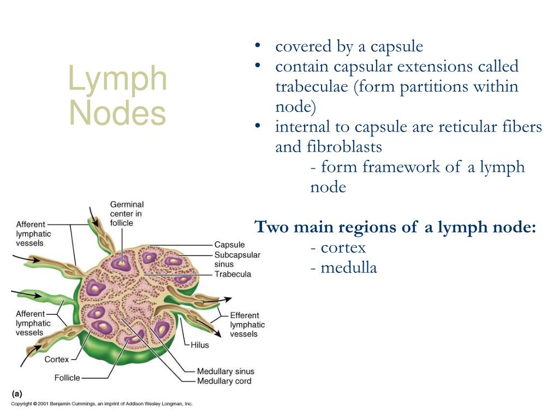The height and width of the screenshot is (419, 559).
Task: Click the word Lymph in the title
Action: [117, 80]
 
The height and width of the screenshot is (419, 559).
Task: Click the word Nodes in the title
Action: [117, 113]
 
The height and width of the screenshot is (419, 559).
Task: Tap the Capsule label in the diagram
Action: [229, 245]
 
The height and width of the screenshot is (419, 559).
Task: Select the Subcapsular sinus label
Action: [237, 260]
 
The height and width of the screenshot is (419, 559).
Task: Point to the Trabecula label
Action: [233, 274]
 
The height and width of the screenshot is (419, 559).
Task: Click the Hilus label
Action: [200, 345]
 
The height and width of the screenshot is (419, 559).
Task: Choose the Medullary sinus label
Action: [225, 372]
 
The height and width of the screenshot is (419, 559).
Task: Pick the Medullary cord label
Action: [224, 381]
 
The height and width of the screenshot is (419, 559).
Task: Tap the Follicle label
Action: [67, 378]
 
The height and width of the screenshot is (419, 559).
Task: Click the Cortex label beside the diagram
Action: [57, 360]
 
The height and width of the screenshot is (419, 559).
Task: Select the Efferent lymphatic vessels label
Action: [247, 324]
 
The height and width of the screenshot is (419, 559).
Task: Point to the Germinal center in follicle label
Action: [127, 213]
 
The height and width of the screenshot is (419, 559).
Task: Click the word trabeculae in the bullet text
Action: [311, 87]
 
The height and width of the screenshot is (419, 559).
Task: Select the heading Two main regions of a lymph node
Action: [395, 227]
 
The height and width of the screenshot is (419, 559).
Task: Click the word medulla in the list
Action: [348, 268]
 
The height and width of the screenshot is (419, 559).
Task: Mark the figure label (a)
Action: [16, 392]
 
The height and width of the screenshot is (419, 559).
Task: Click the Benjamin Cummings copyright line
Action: [102, 404]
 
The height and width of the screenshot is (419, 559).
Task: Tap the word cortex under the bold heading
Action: [343, 248]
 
